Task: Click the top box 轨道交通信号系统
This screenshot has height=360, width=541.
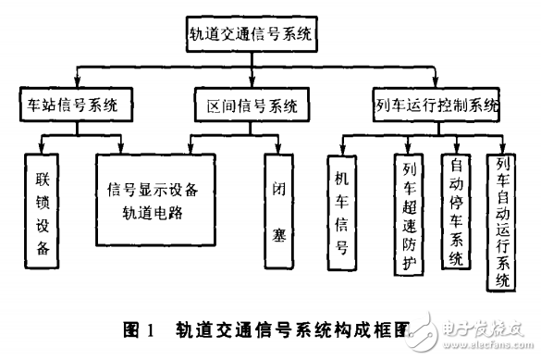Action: [x=251, y=36]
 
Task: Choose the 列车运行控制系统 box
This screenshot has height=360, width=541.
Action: [x=436, y=106]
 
